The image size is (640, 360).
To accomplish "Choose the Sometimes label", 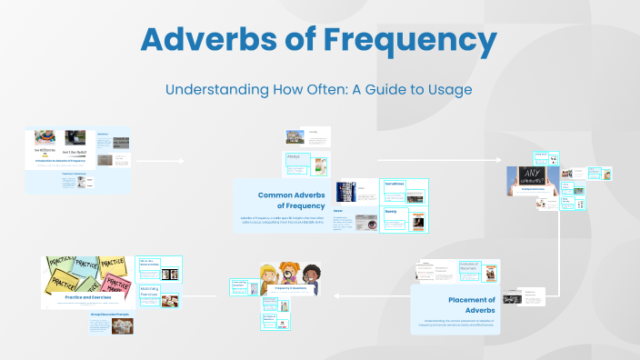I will (395, 183).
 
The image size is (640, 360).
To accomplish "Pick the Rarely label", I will (391, 211).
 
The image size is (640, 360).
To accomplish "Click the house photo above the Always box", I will (295, 137).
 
